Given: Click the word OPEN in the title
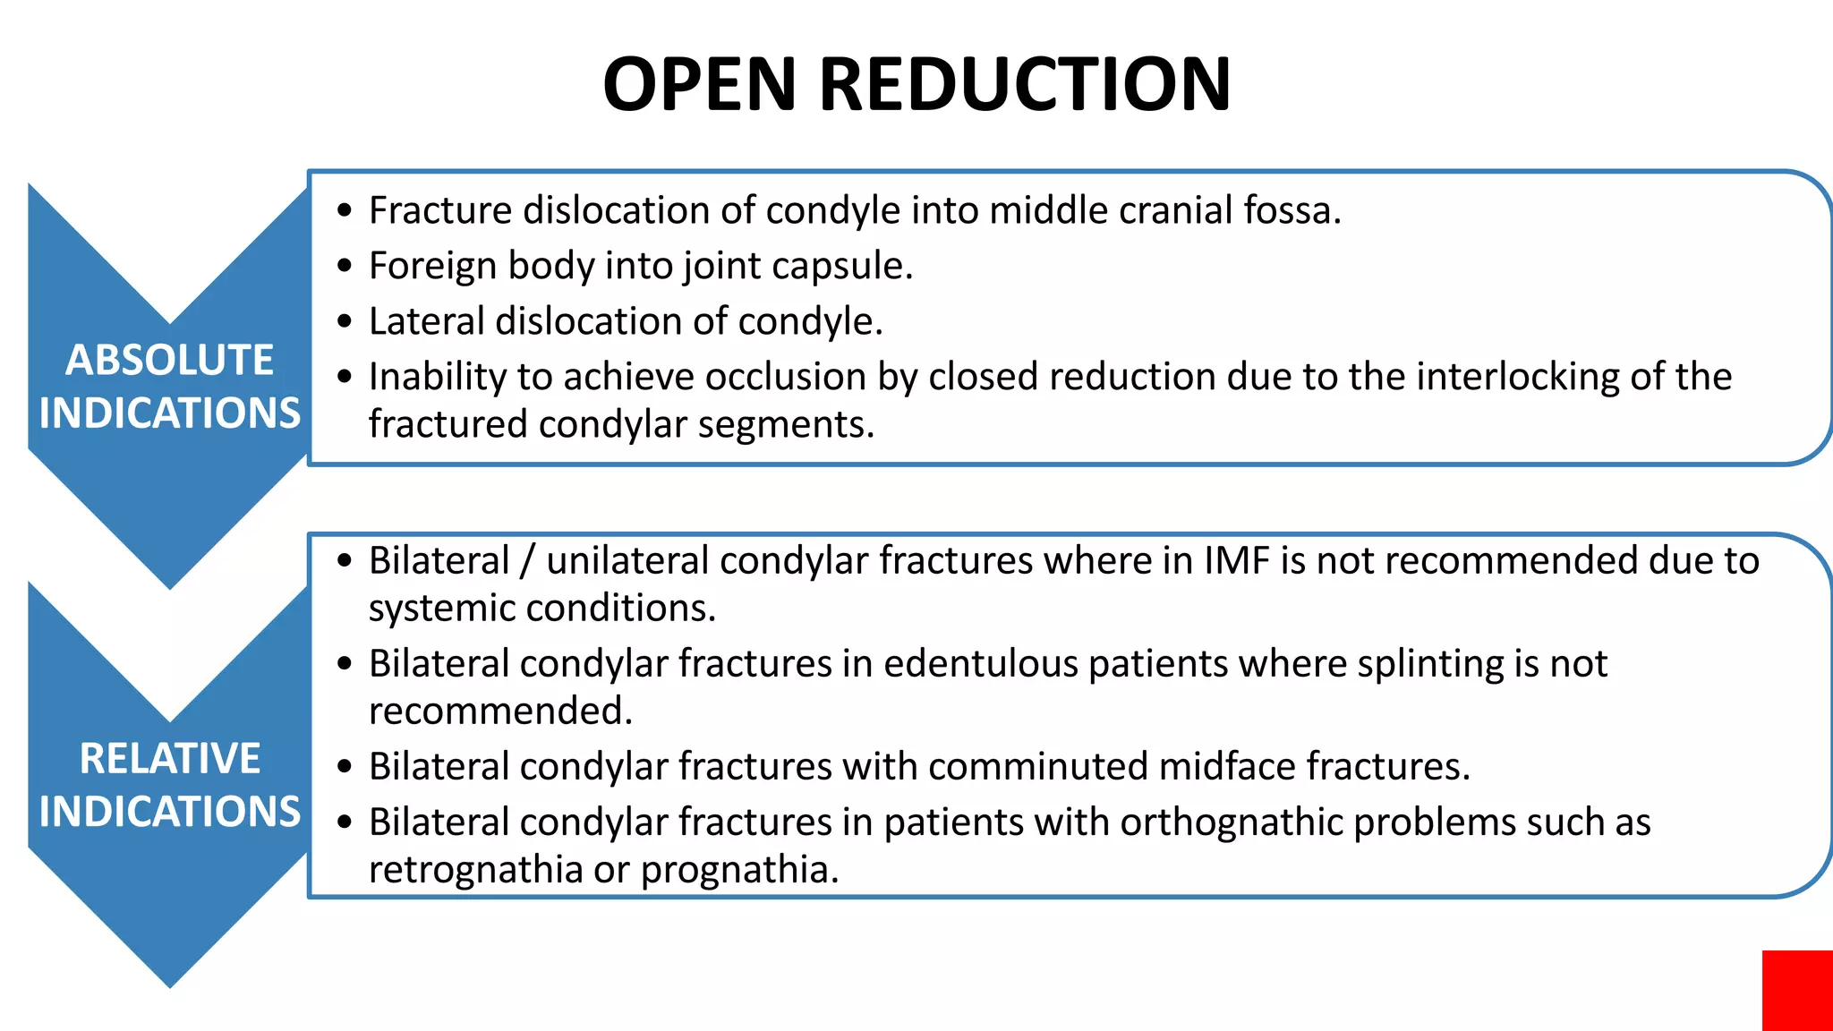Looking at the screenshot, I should coord(699,84).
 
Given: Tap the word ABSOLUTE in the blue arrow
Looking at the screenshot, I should coord(169,361).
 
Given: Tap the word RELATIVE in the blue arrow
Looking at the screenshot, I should coord(169,759).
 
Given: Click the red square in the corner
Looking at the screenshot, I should coord(1797,990).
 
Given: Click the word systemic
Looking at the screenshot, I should coord(442,609).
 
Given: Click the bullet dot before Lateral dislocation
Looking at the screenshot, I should coord(345,322).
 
